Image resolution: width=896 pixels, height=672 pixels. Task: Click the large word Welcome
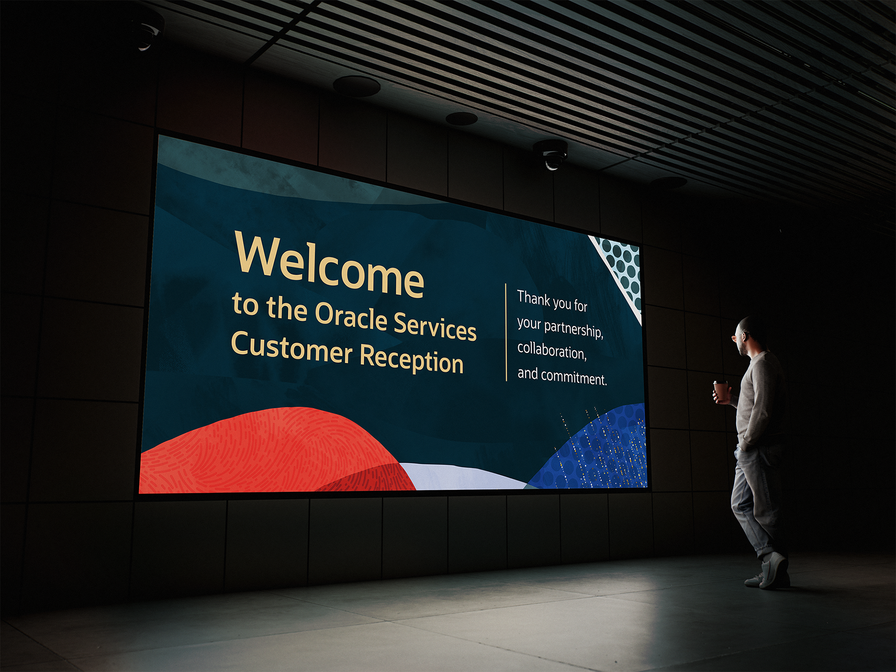pyautogui.click(x=329, y=265)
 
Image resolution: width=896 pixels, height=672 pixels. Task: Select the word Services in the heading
pyautogui.click(x=435, y=326)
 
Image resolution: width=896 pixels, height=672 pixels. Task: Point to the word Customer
pyautogui.click(x=292, y=347)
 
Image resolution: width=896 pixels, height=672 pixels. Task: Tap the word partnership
pyautogui.click(x=574, y=329)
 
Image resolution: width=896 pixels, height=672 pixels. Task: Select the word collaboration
pyautogui.click(x=552, y=351)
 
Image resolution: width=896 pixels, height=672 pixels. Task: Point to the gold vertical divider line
pyautogui.click(x=506, y=332)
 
